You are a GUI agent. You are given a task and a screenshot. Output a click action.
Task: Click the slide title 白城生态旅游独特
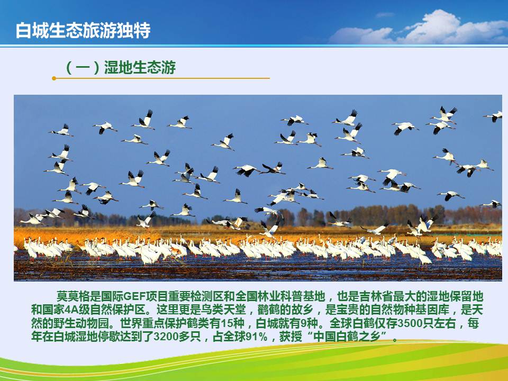click(83, 31)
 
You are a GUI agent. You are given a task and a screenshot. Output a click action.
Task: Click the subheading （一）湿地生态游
click(120, 67)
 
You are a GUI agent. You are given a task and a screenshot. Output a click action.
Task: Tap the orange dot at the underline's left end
click(54, 78)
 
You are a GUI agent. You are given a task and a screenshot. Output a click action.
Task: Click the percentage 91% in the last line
click(257, 337)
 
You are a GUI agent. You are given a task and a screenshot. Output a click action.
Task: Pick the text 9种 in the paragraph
click(306, 323)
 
